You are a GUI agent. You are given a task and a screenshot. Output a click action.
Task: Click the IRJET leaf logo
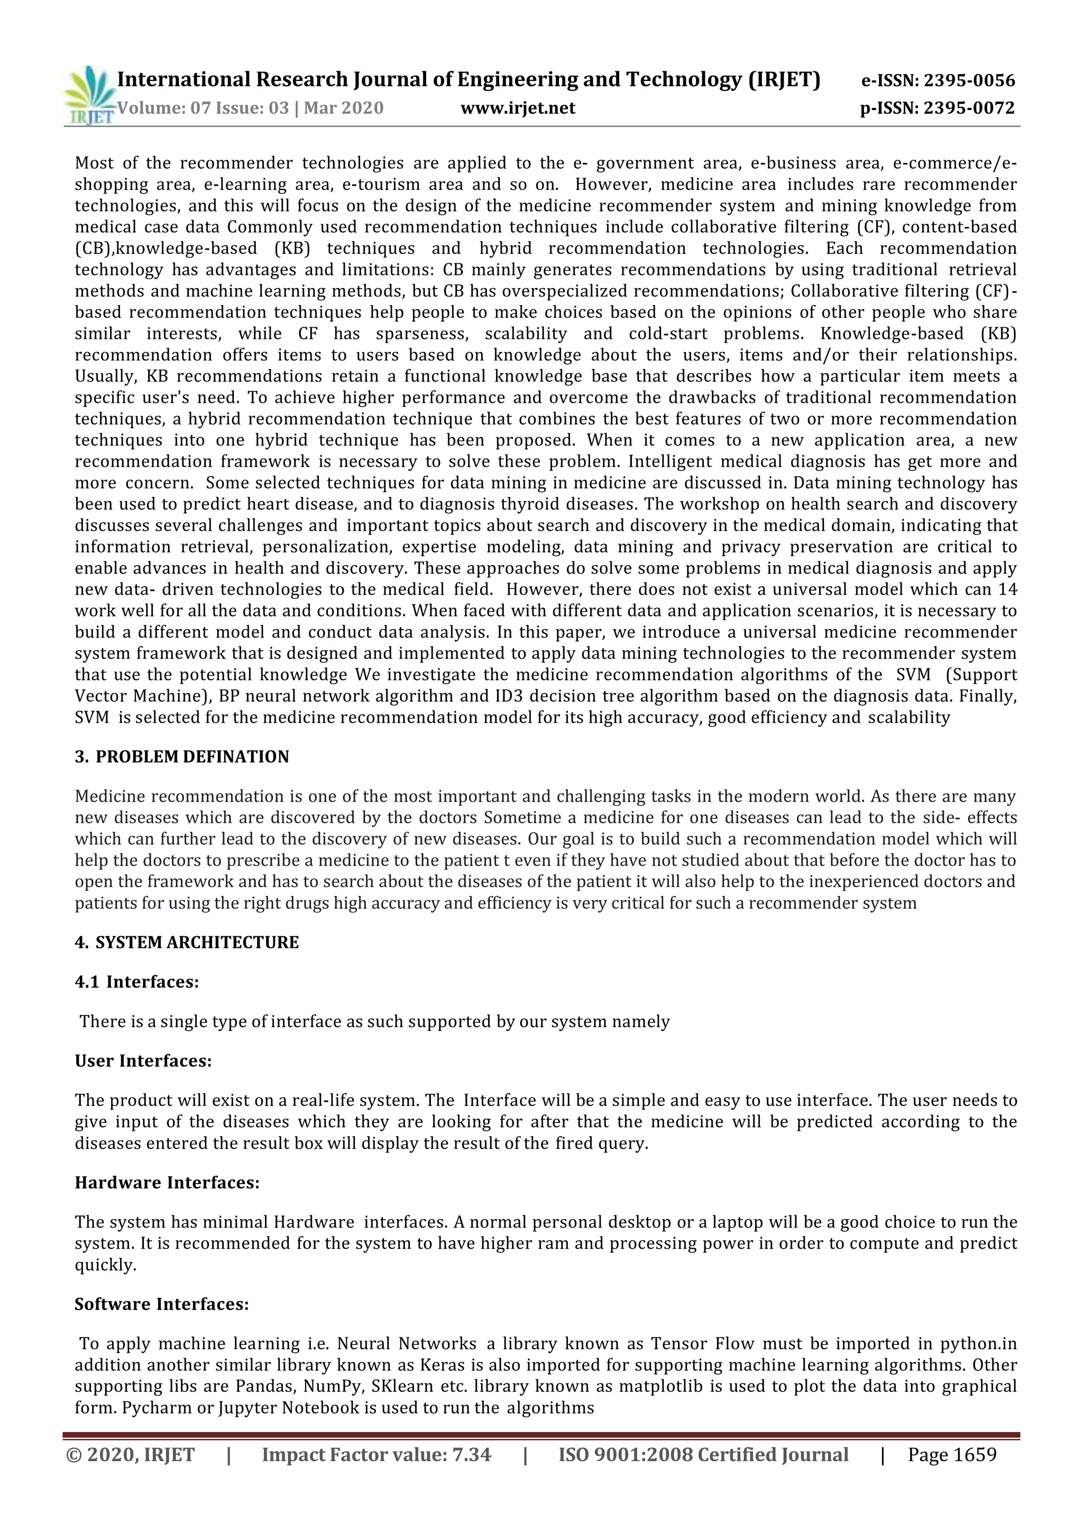(89, 95)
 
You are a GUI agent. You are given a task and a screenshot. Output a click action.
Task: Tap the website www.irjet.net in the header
(518, 108)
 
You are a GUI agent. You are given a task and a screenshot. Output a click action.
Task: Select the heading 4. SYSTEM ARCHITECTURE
(187, 942)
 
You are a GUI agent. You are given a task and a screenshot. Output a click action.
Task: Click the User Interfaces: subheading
(143, 1061)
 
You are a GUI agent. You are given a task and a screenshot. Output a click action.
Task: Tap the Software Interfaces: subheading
(161, 1304)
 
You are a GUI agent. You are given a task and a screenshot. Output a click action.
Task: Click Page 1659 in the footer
(952, 1454)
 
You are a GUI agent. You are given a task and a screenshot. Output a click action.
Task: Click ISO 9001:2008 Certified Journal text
(703, 1454)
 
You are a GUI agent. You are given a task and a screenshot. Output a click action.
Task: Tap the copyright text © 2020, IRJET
(131, 1454)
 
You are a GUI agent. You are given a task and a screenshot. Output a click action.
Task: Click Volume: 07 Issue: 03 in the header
(203, 108)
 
